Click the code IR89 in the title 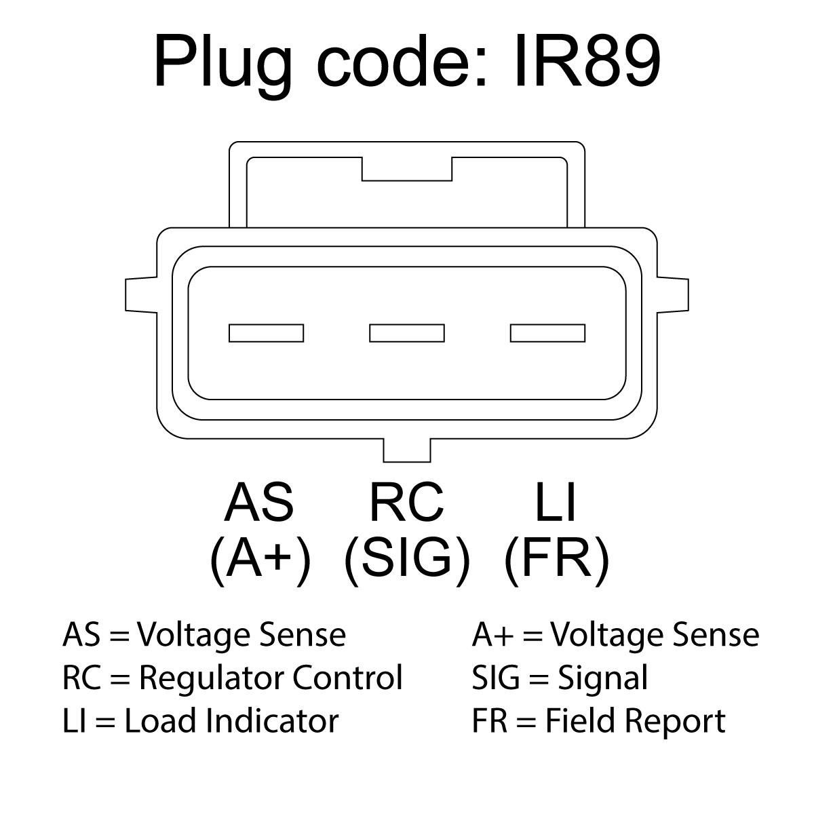point(587,62)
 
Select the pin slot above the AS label point(266,333)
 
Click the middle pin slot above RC point(407,333)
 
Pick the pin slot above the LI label point(547,333)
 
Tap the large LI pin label point(555,503)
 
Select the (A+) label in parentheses point(260,560)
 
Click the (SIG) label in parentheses point(407,560)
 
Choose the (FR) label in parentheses point(557,560)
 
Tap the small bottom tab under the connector point(406,449)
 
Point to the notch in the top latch point(407,170)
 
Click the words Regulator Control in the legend point(271,678)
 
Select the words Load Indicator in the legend point(231,720)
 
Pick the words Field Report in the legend point(636,720)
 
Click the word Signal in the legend point(602,678)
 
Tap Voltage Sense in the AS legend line point(241,635)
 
